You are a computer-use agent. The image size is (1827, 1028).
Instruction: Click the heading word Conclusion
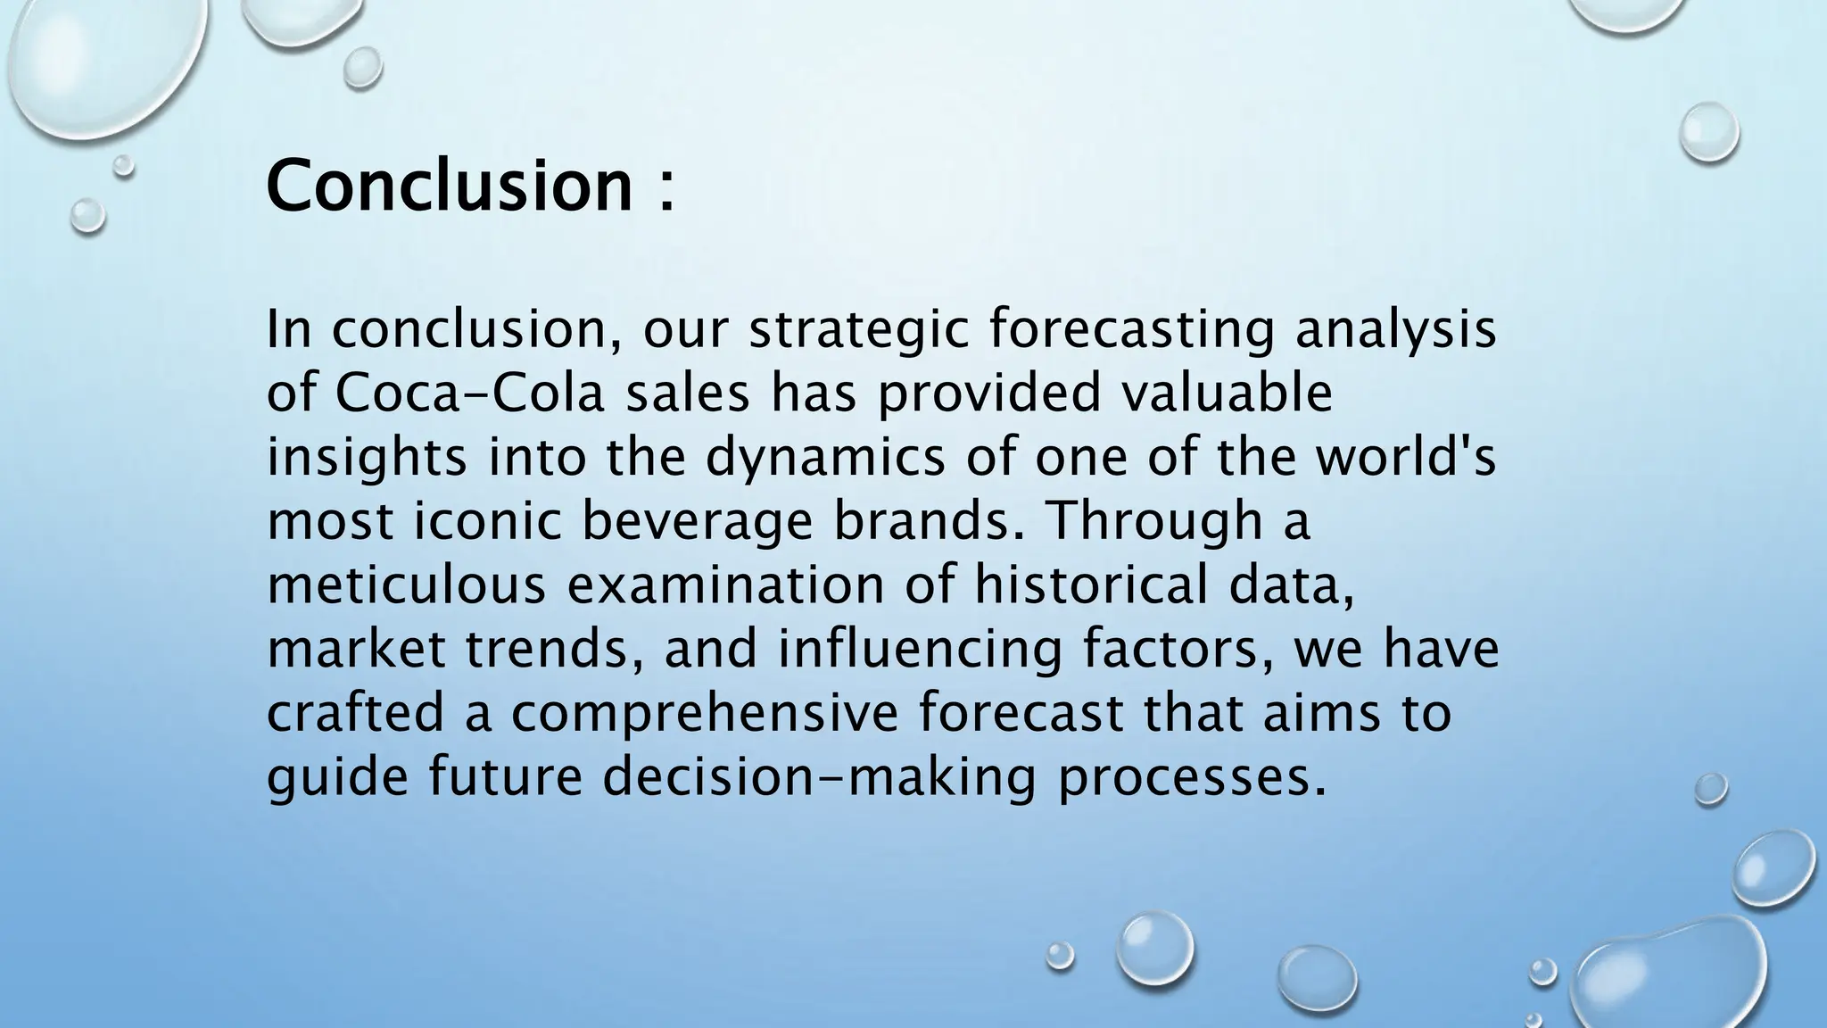click(x=450, y=185)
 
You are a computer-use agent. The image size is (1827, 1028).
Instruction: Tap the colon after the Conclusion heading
click(x=665, y=189)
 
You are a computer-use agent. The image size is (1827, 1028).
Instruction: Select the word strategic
click(x=858, y=330)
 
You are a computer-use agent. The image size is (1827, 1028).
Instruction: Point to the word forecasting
click(x=1132, y=330)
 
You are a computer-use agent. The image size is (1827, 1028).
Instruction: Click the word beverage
click(x=698, y=522)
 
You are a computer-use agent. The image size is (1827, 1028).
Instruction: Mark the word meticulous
click(x=406, y=586)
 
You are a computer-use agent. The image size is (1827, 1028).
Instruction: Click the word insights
click(x=367, y=458)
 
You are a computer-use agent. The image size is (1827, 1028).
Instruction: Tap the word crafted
click(x=355, y=714)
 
